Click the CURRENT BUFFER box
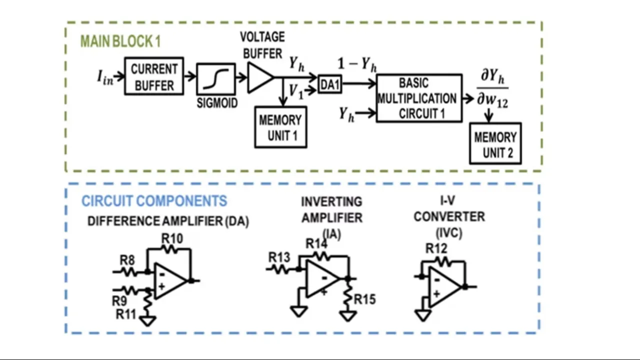pos(154,76)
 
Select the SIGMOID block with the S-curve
pos(216,78)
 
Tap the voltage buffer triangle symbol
pos(259,77)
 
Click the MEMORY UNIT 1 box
pos(280,127)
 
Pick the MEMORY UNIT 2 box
pos(495,144)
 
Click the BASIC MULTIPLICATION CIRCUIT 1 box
pos(419,98)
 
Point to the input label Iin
pos(105,77)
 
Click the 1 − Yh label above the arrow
pos(357,64)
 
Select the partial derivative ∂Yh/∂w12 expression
pos(492,88)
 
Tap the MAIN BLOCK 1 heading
pos(120,41)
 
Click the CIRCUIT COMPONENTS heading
pos(154,201)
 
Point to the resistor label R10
pos(172,238)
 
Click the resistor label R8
pos(127,260)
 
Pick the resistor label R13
pos(279,257)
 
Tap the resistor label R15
pos(365,299)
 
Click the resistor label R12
pos(436,248)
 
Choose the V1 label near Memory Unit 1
pos(296,91)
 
